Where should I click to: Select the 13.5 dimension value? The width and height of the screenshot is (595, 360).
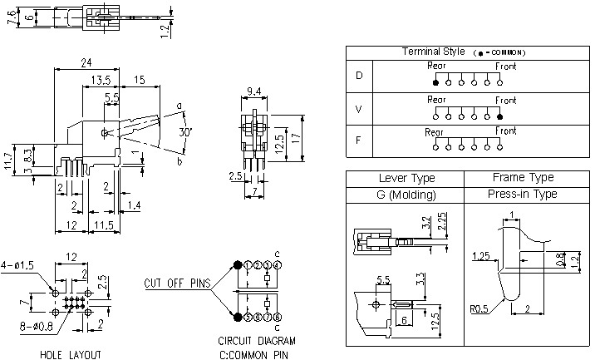[101, 79]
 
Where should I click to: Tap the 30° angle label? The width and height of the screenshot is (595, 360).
[186, 131]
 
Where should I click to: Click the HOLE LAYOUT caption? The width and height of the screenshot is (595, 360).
[71, 354]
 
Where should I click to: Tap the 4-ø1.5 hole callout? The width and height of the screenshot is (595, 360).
[19, 265]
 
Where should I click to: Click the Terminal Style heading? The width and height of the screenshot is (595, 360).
[433, 52]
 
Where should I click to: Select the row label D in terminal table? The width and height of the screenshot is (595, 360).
[359, 76]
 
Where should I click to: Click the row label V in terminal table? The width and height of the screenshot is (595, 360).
[359, 109]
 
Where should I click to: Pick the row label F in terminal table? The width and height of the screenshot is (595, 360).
[359, 141]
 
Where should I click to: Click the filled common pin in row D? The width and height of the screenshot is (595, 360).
[435, 81]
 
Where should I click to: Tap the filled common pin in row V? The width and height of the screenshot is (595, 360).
[499, 116]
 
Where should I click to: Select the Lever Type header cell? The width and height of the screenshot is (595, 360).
[407, 178]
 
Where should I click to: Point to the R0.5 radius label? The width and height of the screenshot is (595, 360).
[479, 308]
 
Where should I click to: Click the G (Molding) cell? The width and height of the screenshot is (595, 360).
[407, 194]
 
